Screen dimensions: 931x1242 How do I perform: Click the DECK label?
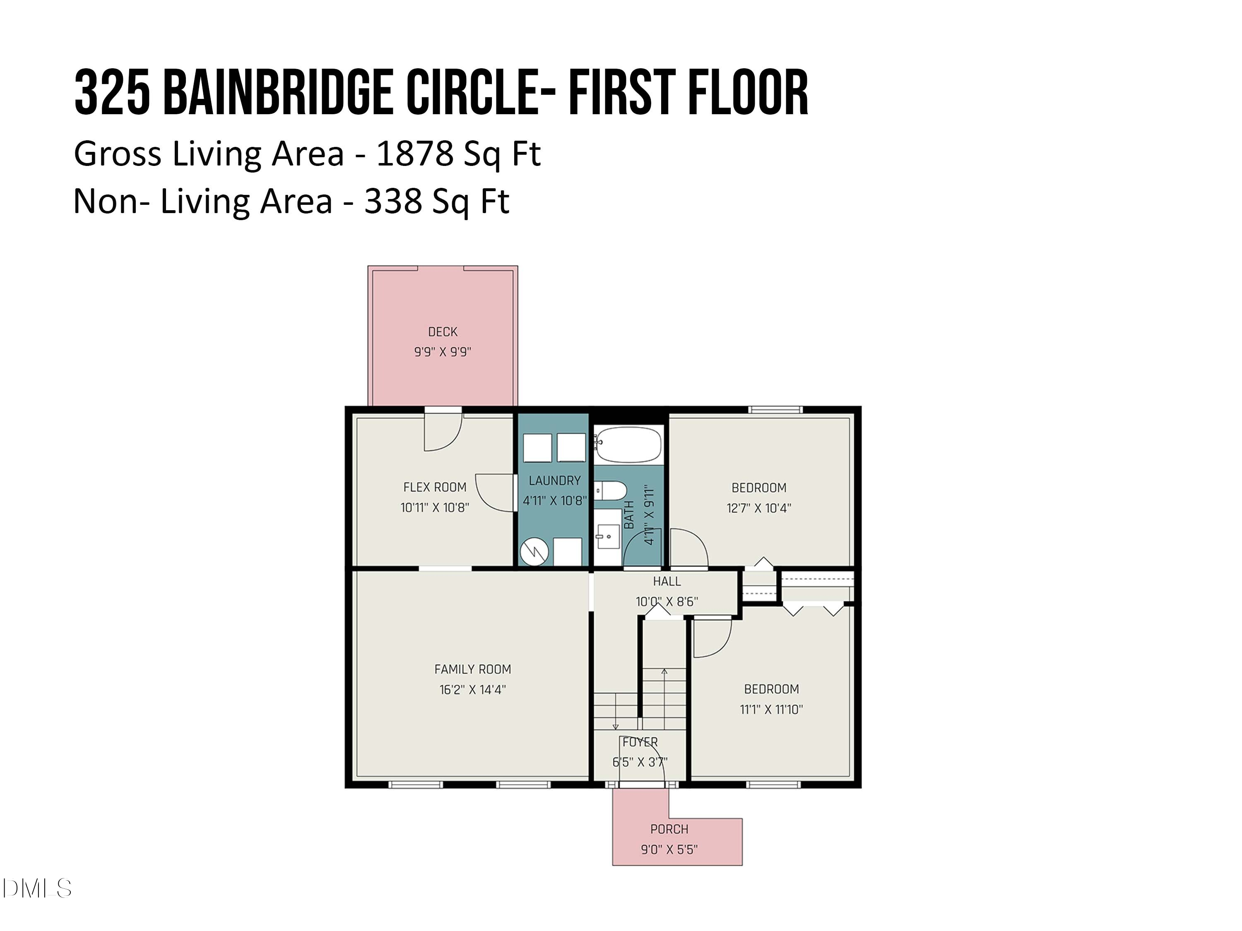[443, 332]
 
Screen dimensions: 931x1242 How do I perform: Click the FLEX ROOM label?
[435, 487]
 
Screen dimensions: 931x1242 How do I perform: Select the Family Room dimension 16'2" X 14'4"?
[472, 690]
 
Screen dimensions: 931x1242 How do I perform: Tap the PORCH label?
[669, 829]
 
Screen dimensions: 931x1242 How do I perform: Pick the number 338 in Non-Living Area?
[392, 201]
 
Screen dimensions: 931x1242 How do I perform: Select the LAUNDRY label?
[554, 480]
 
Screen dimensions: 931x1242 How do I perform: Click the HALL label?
[667, 581]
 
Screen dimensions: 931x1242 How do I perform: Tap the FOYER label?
[640, 742]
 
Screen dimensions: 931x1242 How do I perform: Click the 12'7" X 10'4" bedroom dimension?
[758, 508]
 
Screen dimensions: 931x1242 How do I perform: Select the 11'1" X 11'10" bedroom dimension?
[771, 709]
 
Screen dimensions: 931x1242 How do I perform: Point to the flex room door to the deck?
[443, 432]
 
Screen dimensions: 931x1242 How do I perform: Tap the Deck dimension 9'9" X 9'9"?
[443, 352]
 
